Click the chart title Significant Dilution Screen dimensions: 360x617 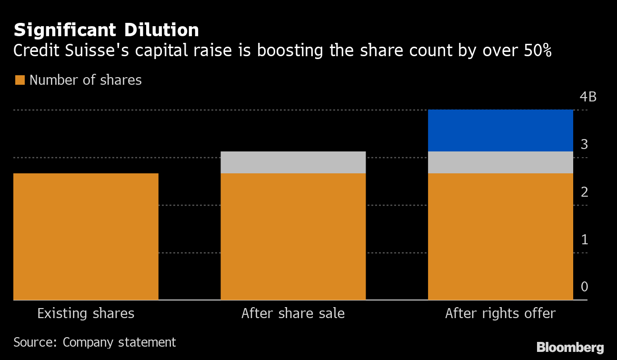(x=106, y=30)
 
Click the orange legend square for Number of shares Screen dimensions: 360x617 (x=20, y=80)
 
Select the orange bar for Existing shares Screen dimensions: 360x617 (x=86, y=237)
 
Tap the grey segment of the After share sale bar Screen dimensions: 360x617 (x=293, y=162)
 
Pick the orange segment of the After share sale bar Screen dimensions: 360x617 (x=293, y=237)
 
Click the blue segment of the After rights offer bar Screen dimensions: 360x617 (x=500, y=130)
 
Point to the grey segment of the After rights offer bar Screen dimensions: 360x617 (x=500, y=162)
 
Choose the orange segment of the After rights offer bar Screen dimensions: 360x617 (x=500, y=237)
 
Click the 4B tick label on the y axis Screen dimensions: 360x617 (x=588, y=97)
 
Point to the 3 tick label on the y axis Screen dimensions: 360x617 (x=584, y=144)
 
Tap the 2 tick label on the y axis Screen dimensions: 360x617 (x=584, y=192)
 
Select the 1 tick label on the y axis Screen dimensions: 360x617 (x=584, y=240)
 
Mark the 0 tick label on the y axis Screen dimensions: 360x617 (x=584, y=287)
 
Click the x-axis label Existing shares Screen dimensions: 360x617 (x=86, y=314)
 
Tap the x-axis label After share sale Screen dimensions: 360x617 (x=293, y=314)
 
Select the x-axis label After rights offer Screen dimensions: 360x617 (x=500, y=314)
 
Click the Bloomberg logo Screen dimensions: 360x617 (x=570, y=347)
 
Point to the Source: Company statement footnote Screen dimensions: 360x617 (x=95, y=342)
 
